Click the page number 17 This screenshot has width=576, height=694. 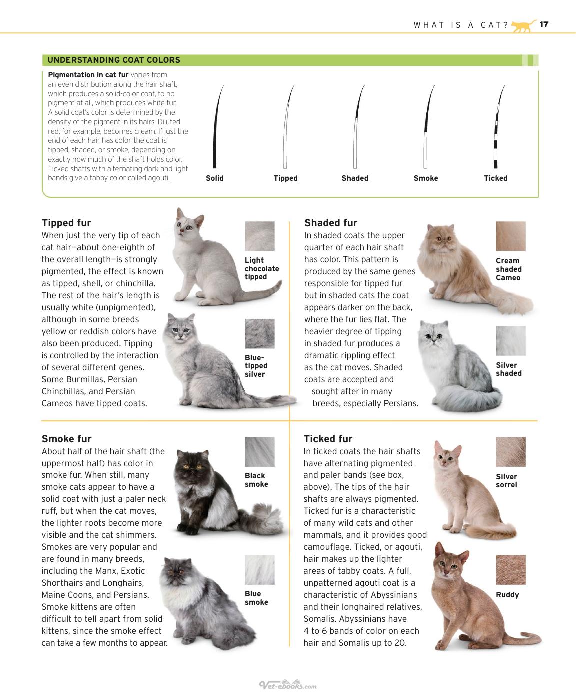pos(544,24)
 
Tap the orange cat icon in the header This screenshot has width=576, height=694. pos(524,26)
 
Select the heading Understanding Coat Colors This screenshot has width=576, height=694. pos(114,60)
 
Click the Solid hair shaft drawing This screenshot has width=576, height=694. pos(217,127)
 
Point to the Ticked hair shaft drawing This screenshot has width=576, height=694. pos(498,127)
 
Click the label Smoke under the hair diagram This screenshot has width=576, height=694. pos(426,178)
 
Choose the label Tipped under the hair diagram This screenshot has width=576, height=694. pos(286,178)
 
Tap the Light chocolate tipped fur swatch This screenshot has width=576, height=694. pos(260,236)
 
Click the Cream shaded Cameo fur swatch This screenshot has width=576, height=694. pos(511,236)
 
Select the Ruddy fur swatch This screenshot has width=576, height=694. pos(511,570)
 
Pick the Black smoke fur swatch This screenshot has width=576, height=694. pos(260,452)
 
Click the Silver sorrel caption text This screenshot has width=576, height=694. pos(506,480)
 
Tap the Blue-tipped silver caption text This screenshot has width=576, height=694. pos(256,366)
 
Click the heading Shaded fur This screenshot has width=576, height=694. pos(331,223)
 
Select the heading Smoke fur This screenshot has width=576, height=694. pos(67,439)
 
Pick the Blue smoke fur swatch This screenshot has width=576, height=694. pos(260,570)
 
